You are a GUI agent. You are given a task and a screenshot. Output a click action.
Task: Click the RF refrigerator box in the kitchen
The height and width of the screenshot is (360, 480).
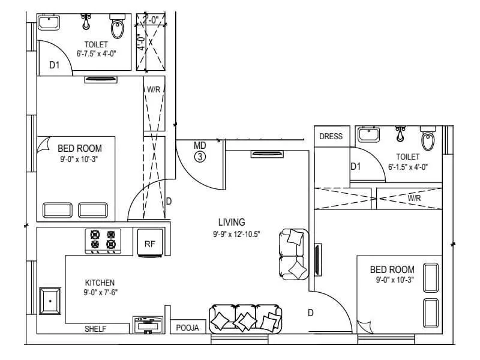pyautogui.click(x=149, y=243)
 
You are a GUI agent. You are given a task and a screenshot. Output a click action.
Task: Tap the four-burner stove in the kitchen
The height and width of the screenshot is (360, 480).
pyautogui.click(x=103, y=240)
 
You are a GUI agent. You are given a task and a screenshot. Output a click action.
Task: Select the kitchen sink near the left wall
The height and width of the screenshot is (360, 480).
pyautogui.click(x=50, y=300)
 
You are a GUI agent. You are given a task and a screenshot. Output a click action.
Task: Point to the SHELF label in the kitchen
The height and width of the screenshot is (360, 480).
pyautogui.click(x=95, y=329)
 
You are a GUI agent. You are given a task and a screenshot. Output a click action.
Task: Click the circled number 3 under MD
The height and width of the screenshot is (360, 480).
pyautogui.click(x=200, y=157)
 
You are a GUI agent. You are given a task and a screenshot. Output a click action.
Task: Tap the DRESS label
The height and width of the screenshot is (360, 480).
pyautogui.click(x=331, y=136)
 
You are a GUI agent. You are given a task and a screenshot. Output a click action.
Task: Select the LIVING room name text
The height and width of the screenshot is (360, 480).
pyautogui.click(x=232, y=222)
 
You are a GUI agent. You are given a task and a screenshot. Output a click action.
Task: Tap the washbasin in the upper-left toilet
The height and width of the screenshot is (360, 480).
pyautogui.click(x=48, y=23)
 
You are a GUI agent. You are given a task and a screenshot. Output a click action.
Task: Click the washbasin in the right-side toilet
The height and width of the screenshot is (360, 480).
pyautogui.click(x=368, y=135)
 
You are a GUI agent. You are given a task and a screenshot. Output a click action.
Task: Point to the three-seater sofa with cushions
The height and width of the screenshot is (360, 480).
pyautogui.click(x=245, y=319)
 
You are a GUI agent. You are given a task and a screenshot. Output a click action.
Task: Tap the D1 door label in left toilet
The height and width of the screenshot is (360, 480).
pyautogui.click(x=55, y=65)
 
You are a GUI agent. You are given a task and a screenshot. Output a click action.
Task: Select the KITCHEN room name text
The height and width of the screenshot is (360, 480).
pyautogui.click(x=100, y=283)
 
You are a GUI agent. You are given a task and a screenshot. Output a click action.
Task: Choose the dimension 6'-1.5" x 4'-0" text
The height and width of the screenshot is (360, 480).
pyautogui.click(x=408, y=167)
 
